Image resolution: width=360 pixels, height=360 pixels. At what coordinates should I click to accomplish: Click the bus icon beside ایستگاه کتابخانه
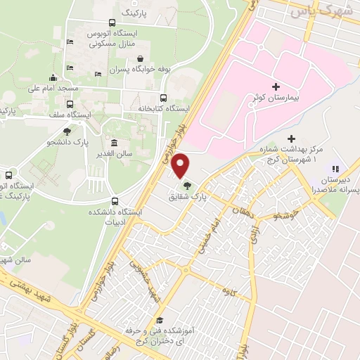[x=164, y=98]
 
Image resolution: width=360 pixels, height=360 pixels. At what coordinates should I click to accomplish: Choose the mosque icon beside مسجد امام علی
[x=53, y=78]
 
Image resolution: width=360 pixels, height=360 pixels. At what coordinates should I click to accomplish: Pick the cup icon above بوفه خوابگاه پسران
[x=141, y=59]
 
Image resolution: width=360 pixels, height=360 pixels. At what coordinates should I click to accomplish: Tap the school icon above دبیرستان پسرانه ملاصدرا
[x=335, y=169]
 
